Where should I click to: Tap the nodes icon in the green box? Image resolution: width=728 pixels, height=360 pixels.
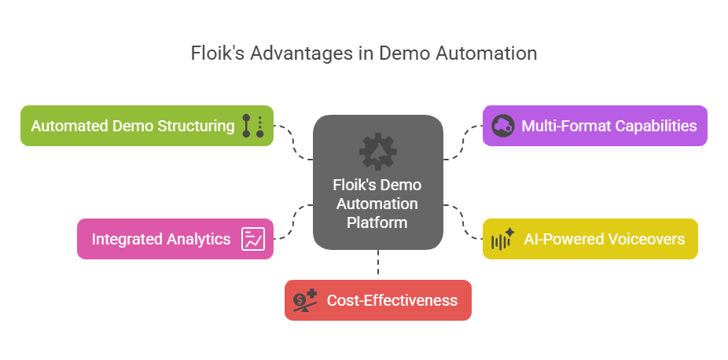(x=252, y=126)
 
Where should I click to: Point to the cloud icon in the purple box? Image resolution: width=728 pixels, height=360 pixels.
(x=503, y=126)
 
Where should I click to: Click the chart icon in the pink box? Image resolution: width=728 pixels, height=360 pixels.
(x=253, y=239)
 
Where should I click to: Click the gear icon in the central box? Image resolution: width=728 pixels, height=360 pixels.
(x=378, y=151)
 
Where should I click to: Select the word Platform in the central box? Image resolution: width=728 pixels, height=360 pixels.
(x=378, y=222)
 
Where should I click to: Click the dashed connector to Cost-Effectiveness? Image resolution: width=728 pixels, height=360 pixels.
(x=378, y=265)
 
